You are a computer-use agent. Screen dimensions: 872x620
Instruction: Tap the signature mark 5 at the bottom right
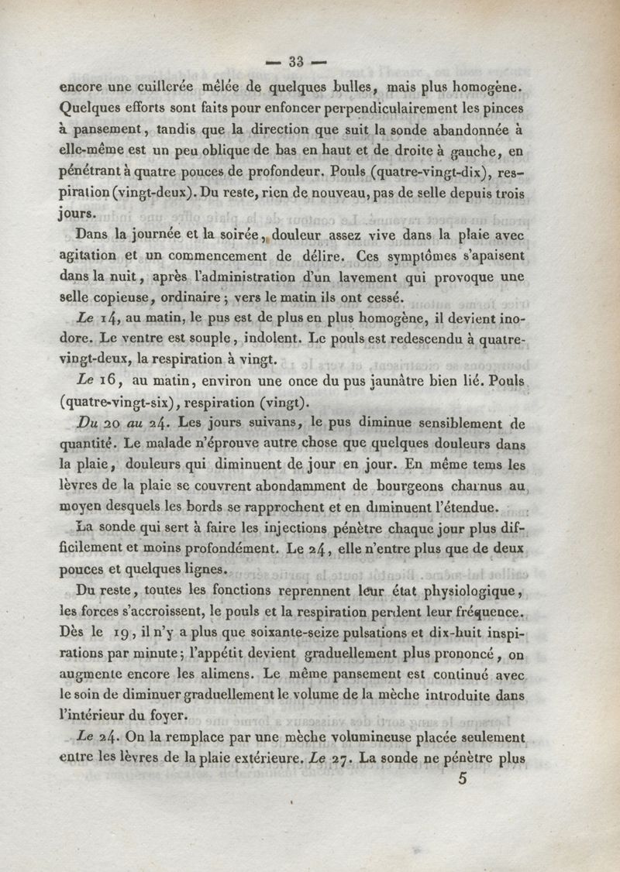(x=463, y=780)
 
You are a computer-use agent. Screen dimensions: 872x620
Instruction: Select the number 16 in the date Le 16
(x=108, y=380)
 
